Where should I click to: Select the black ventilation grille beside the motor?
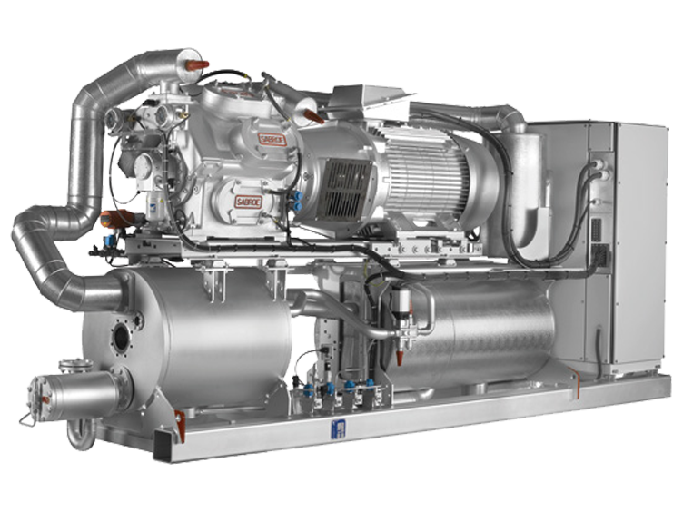tap(346, 186)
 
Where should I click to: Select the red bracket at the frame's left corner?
tap(180, 419)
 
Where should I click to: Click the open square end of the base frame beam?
tap(163, 445)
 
